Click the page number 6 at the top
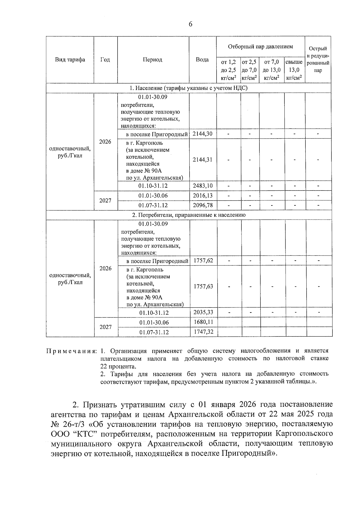tap(190, 25)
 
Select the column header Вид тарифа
tap(70, 59)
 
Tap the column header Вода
tap(202, 59)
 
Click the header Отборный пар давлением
tap(260, 46)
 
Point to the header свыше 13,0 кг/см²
tap(294, 70)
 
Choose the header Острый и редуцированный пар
tap(318, 59)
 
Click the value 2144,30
tap(202, 134)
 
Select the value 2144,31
tap(202, 160)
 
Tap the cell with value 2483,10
tap(202, 186)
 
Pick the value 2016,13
tap(202, 196)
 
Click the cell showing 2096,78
tap(202, 205)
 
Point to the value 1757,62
tap(203, 260)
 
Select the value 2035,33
tap(203, 312)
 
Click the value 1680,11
tap(203, 322)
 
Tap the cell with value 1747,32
tap(203, 332)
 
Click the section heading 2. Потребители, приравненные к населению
tap(189, 215)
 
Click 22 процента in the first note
tap(118, 367)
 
